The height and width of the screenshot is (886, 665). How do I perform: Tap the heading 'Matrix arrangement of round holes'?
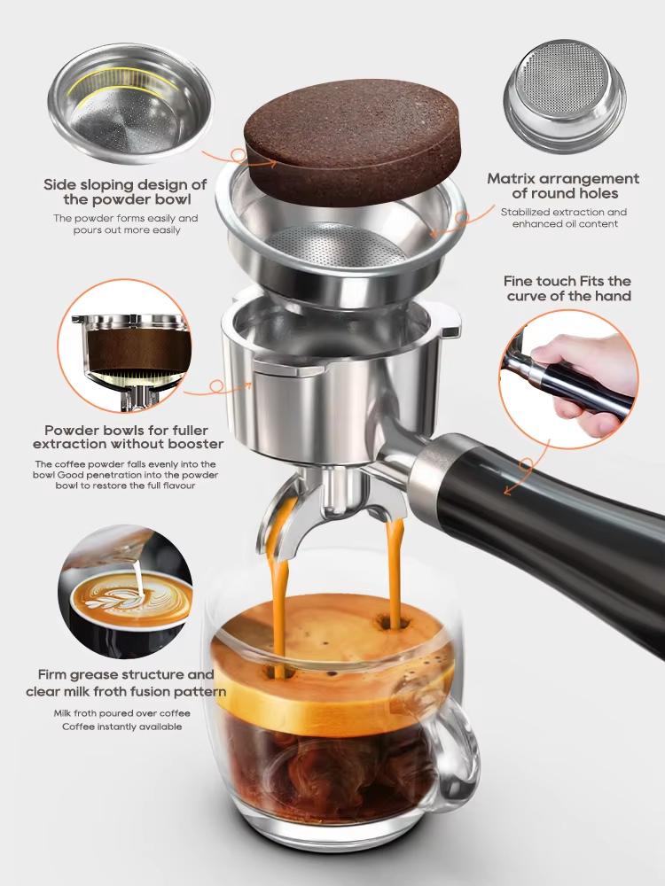(563, 186)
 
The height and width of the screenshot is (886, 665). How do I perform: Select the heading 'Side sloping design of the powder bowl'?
(125, 192)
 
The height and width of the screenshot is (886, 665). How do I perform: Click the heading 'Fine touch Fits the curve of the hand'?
(568, 288)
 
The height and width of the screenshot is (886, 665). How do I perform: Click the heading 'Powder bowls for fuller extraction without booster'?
(125, 435)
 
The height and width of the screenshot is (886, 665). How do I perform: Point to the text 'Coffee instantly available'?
(121, 727)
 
